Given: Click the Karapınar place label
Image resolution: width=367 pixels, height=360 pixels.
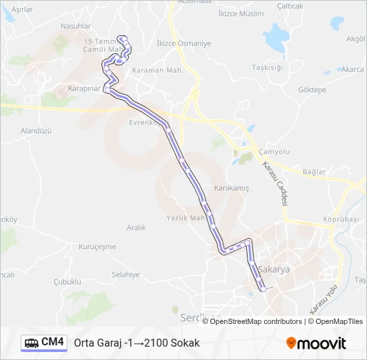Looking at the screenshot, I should coord(83,88).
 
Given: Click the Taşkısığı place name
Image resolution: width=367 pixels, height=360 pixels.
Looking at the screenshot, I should coord(268,67).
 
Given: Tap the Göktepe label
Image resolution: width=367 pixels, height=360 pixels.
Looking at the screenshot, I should coord(312,89).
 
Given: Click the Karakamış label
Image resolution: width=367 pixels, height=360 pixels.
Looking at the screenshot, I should coord(231,188).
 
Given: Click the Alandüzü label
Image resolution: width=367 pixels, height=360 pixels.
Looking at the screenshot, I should coord(36,131).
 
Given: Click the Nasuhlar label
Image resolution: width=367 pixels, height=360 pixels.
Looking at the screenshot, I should coord(75,26).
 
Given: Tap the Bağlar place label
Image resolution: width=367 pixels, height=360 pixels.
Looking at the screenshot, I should coord(314,172).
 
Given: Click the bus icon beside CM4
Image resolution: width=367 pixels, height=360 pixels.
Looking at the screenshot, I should coord(31,343).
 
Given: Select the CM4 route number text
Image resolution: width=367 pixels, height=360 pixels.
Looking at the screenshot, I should coord(53,342).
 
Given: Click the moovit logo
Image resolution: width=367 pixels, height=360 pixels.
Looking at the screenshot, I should coord(316,343).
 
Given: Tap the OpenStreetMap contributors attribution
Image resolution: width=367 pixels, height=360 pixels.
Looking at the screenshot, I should coord(256,321).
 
